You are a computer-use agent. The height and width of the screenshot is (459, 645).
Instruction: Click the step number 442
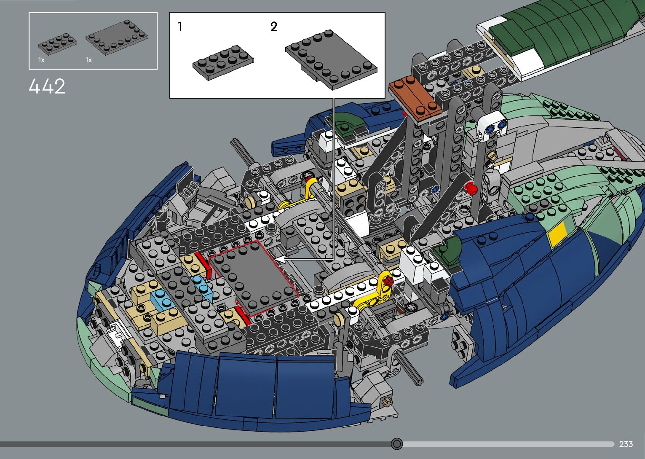click(x=47, y=86)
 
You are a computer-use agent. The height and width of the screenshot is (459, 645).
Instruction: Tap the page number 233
click(x=626, y=444)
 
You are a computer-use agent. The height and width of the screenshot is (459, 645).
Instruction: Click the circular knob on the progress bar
click(x=396, y=444)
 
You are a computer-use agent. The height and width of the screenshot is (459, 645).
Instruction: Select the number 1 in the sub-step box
click(x=180, y=27)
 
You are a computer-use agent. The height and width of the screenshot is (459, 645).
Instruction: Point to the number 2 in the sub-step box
click(x=274, y=27)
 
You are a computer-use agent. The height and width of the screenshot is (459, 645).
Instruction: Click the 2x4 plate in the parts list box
click(x=58, y=44)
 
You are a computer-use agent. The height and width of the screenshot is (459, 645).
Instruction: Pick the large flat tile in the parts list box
click(x=117, y=38)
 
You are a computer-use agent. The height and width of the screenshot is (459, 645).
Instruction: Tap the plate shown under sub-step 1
click(x=223, y=62)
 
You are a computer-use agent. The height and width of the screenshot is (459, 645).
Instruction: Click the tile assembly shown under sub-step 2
click(x=331, y=59)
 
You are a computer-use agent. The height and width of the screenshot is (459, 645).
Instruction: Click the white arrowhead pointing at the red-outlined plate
click(x=280, y=260)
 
